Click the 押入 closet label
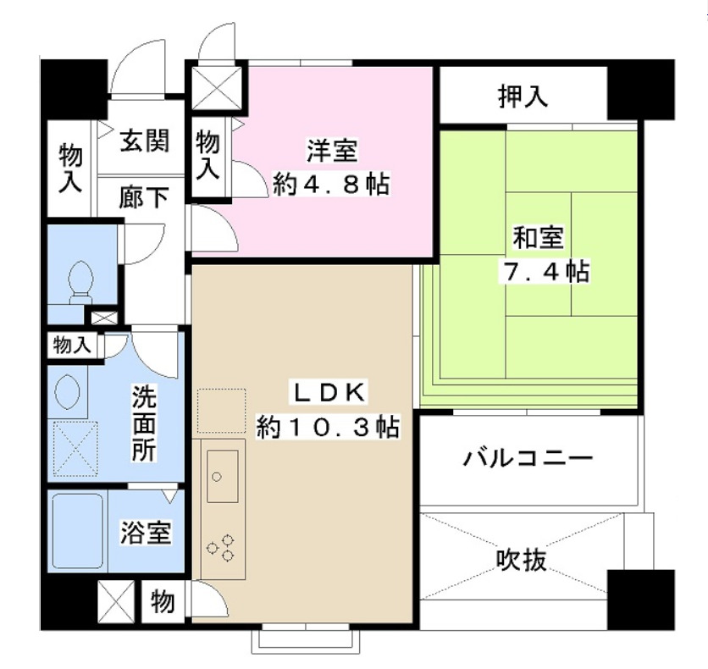522,97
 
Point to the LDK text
329,392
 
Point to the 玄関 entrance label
142,141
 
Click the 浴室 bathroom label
146,534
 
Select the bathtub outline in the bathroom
77,531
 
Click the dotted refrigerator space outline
221,411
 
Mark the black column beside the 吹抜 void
641,598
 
